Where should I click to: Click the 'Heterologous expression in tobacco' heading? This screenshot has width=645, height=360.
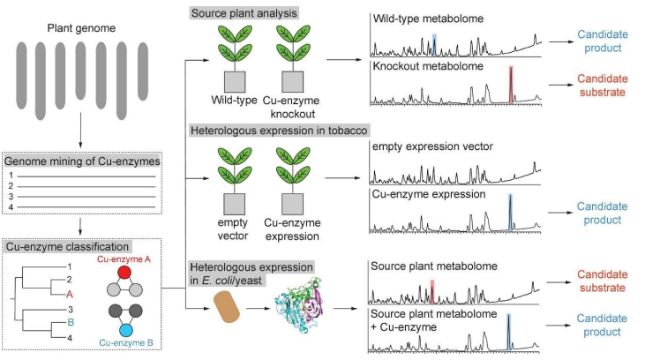click(x=279, y=131)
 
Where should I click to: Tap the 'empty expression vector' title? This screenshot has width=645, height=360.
click(x=424, y=148)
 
